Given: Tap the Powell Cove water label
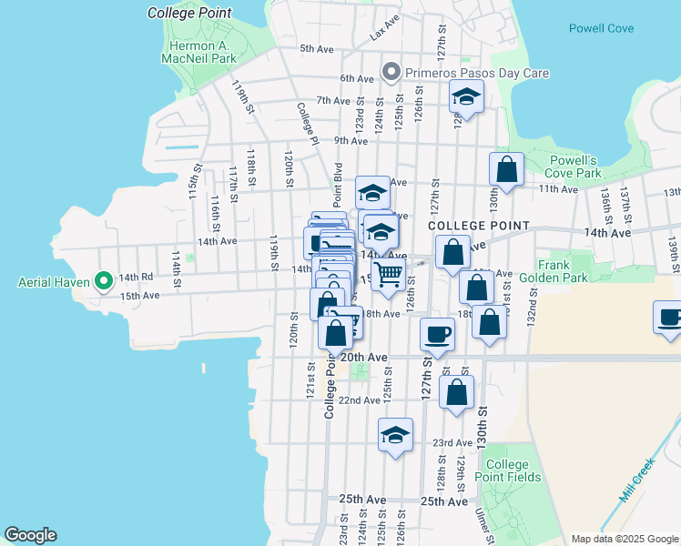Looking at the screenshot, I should pos(601,28).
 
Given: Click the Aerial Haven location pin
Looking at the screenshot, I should pos(103,281).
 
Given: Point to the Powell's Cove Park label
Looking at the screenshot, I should pos(574,166).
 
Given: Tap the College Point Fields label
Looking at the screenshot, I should pos(513,470).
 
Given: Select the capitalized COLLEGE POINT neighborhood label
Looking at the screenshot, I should pos(478,225).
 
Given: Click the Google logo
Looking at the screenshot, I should pos(31,535).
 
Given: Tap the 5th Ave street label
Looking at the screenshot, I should pos(318,49).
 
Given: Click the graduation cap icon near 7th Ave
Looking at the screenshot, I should pos(466,96).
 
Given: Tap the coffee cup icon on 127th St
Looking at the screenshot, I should pos(437,334).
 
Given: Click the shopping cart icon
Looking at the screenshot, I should pos(389,275).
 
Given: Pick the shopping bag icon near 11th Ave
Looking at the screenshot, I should pos(506,169).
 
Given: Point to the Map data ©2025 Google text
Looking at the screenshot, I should pos(624,538).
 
